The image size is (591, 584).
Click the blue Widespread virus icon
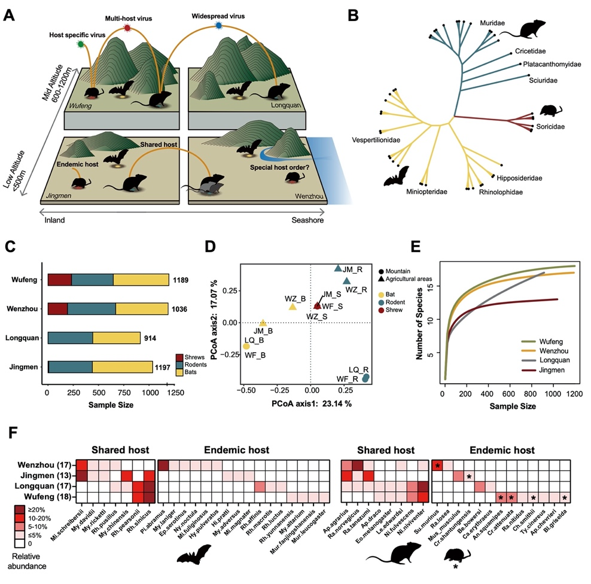pos(218,25)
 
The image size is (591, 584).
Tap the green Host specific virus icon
pos(80,45)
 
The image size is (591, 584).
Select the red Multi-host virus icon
pos(127,28)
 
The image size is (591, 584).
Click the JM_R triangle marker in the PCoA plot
pos(338,269)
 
